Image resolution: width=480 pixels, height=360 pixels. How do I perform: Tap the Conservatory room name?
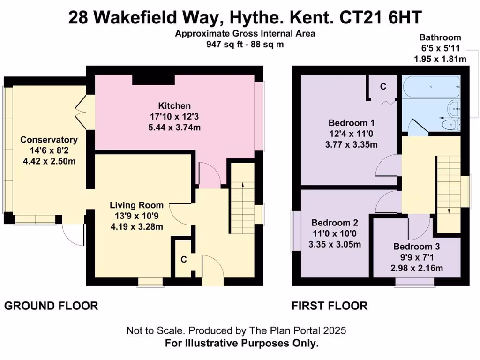point(48,140)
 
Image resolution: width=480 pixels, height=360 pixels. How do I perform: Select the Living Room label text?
point(136,205)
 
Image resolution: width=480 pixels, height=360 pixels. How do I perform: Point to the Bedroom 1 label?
point(351,123)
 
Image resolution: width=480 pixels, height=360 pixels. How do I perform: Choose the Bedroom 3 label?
point(417,247)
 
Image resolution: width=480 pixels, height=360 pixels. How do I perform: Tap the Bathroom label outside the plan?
point(440,37)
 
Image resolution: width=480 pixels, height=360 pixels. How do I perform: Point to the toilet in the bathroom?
point(450,124)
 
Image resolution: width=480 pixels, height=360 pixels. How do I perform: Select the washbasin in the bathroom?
point(453,108)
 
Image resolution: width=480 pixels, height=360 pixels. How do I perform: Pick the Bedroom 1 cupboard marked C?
point(383,86)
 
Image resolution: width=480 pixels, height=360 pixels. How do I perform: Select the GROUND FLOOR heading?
point(51,306)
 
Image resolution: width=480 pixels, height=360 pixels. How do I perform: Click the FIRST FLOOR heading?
point(329,306)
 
